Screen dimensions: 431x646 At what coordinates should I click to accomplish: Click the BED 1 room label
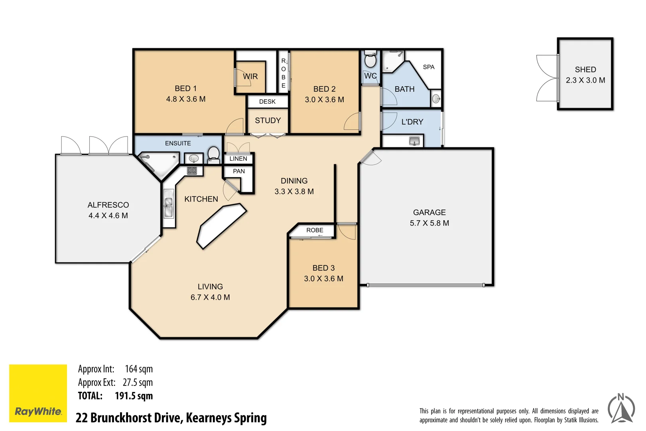coord(185,89)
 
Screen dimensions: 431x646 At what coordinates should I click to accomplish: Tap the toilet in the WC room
coord(370,60)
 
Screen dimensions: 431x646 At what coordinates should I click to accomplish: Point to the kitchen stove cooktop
coord(192,170)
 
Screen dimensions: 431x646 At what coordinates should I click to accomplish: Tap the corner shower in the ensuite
coord(158,164)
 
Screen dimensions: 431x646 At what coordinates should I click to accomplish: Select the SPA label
coord(428,67)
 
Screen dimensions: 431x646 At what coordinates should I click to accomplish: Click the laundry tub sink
coord(414,141)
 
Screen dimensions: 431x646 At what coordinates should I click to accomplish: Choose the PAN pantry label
coord(238,171)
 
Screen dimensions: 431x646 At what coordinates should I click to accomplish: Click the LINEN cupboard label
coord(238,158)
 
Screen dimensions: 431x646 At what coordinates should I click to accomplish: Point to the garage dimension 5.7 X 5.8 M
coord(429,223)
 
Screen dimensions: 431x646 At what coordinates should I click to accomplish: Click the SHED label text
coord(585,69)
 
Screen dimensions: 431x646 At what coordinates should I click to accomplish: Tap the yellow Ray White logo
coord(38,393)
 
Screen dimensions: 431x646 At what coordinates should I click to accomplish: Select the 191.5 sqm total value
coord(134,396)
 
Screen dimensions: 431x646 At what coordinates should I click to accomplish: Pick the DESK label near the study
coord(267,102)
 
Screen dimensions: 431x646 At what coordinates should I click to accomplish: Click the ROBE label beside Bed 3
coord(315,230)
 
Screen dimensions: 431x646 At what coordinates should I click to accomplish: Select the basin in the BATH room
coord(436,99)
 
